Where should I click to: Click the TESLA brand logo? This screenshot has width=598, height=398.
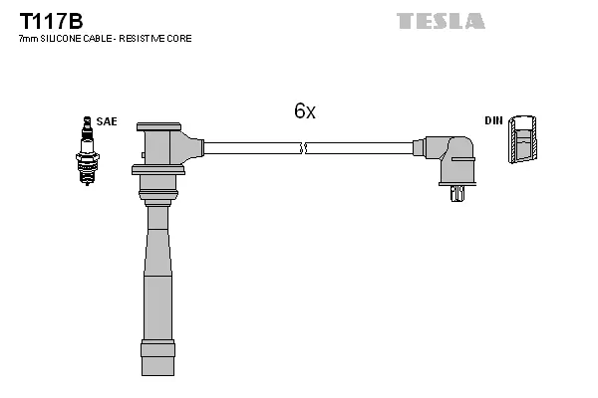pyautogui.click(x=441, y=21)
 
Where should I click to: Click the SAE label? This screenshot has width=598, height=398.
pyautogui.click(x=107, y=121)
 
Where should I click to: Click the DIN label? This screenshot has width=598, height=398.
pyautogui.click(x=493, y=120)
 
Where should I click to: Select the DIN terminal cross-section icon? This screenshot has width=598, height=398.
pyautogui.click(x=521, y=140)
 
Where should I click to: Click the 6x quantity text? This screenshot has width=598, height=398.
pyautogui.click(x=304, y=111)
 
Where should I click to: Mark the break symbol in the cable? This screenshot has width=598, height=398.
pyautogui.click(x=304, y=148)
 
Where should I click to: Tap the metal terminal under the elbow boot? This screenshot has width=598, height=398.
pyautogui.click(x=456, y=193)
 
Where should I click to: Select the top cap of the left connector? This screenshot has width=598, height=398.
pyautogui.click(x=158, y=126)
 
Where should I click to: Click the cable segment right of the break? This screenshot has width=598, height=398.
pyautogui.click(x=359, y=148)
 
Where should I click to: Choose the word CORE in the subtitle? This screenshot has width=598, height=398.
pyautogui.click(x=180, y=39)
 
